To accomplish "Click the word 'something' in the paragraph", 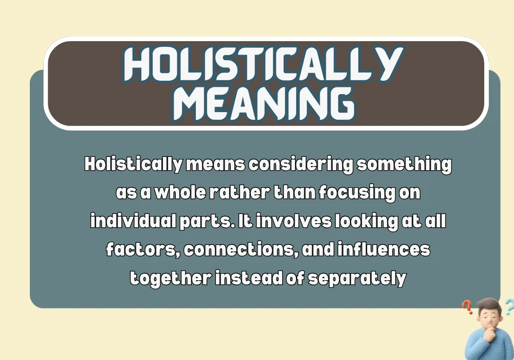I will point(404,165).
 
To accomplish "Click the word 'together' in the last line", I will point(170,278).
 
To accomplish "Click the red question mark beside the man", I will point(467,308).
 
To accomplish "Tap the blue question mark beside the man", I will point(508,308).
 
